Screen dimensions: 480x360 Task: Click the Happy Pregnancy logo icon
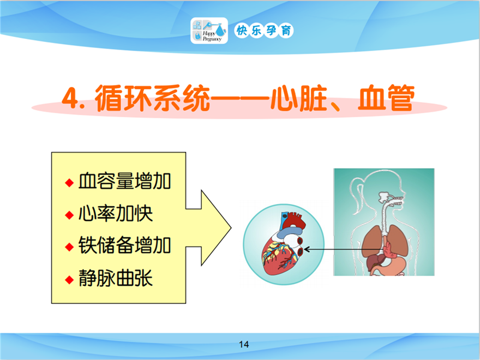tap(209, 31)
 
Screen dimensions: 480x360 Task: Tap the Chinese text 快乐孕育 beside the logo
tap(263, 31)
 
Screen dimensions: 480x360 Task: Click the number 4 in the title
tap(69, 98)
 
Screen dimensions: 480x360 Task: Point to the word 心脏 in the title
tap(298, 98)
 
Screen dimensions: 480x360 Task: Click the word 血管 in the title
tap(386, 98)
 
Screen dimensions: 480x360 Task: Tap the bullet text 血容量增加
tap(124, 181)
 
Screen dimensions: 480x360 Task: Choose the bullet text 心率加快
tap(116, 213)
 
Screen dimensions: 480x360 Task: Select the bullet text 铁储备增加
tap(124, 245)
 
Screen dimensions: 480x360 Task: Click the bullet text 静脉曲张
tap(116, 278)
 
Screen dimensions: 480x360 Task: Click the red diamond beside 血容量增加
tap(69, 183)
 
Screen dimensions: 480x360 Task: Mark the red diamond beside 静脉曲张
tap(69, 279)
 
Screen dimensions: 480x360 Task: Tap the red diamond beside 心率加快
tap(69, 215)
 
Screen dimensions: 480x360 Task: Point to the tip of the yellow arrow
tap(231, 228)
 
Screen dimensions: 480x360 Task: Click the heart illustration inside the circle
tap(283, 244)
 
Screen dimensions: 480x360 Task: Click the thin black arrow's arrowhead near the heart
tap(306, 249)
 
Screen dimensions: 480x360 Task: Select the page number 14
tap(244, 345)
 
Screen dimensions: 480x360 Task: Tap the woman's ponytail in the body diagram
tap(355, 196)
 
